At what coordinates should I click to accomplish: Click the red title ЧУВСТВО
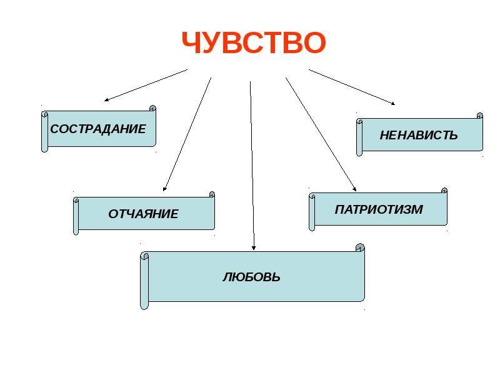coord(254,42)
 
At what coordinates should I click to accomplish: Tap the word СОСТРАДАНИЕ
coord(98,129)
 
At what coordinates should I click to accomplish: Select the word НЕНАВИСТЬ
coord(419,135)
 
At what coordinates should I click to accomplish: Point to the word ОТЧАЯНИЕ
coord(143,214)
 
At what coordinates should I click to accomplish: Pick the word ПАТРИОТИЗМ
coord(379,210)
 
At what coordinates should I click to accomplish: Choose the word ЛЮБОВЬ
coord(251,277)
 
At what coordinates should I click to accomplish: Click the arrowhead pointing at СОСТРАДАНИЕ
coord(107,99)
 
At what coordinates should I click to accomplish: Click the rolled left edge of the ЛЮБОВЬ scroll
coord(144,281)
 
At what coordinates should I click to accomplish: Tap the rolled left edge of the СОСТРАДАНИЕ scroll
coord(44,132)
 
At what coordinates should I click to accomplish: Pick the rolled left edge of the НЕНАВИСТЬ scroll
coord(359,137)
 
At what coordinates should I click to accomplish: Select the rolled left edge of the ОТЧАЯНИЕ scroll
coord(76,216)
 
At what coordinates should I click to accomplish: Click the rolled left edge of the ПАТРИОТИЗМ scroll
coord(312,212)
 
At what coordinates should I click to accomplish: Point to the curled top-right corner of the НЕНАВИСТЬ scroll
coord(479,116)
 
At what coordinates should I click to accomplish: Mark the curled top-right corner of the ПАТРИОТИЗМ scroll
coord(444,190)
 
